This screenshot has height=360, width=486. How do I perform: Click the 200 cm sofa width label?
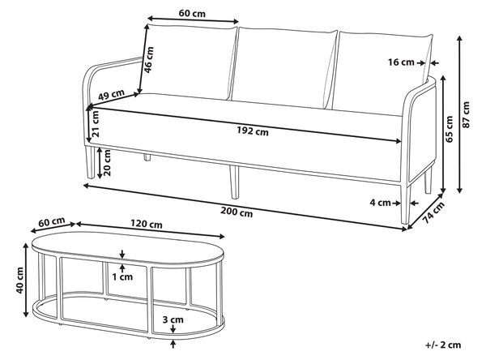[x=237, y=212]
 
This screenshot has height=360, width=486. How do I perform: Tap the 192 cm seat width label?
[x=253, y=131]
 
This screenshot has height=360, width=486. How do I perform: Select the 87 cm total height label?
[x=466, y=114]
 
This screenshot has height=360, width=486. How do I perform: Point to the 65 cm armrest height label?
[x=449, y=129]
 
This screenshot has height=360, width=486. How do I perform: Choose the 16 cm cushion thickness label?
[x=401, y=62]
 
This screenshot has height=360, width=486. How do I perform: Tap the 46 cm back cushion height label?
[x=149, y=59]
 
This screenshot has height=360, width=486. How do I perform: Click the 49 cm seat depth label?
[x=111, y=94]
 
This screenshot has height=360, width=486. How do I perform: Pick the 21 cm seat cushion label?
[x=96, y=123]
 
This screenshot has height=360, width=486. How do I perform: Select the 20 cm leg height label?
[x=107, y=163]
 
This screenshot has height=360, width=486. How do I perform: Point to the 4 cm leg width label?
[x=381, y=203]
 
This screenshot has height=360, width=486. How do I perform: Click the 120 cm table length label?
[x=146, y=224]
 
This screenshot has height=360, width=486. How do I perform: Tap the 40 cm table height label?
[x=20, y=281]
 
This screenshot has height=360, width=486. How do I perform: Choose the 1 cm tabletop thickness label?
[x=122, y=276]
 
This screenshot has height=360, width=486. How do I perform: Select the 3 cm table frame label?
[x=173, y=319]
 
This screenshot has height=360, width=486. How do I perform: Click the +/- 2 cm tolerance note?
[x=443, y=345]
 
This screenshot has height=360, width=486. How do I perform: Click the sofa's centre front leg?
[x=235, y=182]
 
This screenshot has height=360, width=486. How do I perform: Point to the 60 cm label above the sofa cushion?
[x=192, y=13]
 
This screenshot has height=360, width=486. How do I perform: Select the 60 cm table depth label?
[x=52, y=222]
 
